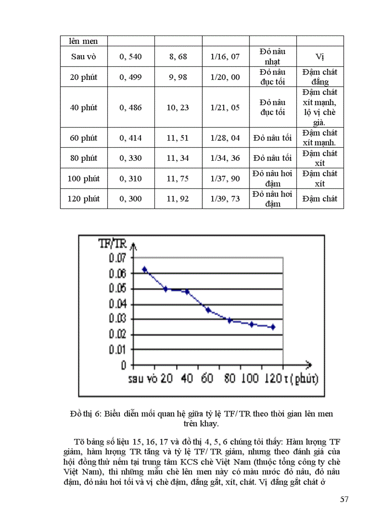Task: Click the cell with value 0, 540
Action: (x=131, y=57)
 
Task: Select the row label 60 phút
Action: (x=83, y=138)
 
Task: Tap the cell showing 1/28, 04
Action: (x=225, y=138)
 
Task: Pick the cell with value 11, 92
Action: (x=178, y=199)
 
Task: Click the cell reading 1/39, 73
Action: (x=225, y=199)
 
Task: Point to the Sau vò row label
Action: (x=83, y=57)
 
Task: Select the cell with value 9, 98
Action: (x=178, y=77)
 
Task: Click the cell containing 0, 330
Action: (x=131, y=158)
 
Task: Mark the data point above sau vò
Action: (x=145, y=269)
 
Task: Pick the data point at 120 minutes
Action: (x=272, y=327)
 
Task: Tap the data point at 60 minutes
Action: (x=208, y=310)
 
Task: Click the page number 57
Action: (x=345, y=499)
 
